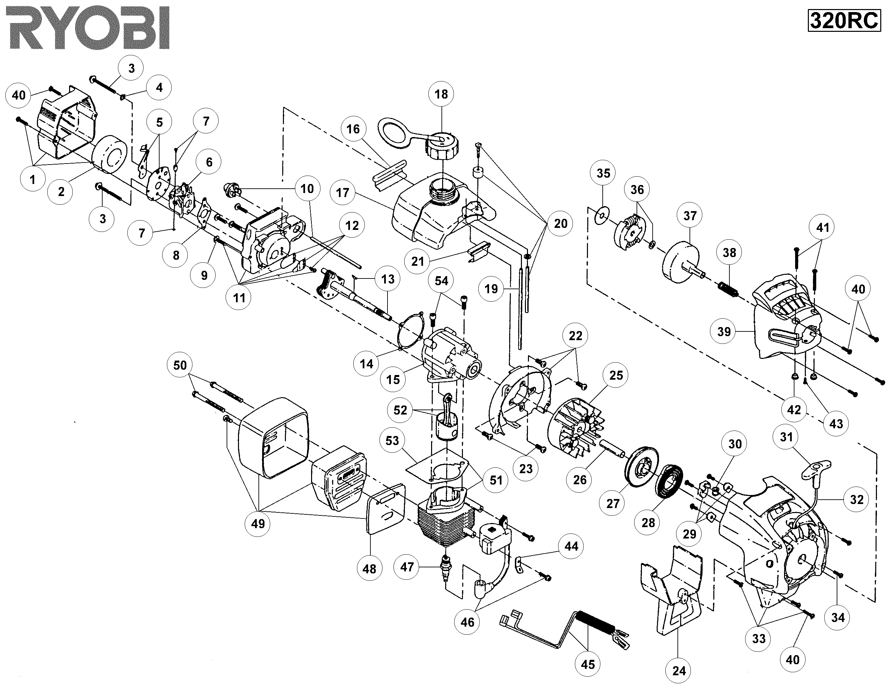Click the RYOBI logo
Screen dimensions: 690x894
[x=88, y=27]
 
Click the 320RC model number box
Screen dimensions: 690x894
[x=844, y=20]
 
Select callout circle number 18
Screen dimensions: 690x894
[x=441, y=95]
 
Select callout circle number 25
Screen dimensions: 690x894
[x=616, y=375]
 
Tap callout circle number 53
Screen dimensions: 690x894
[x=392, y=440]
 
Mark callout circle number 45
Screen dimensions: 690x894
[x=588, y=664]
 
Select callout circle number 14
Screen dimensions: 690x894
[x=366, y=363]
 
